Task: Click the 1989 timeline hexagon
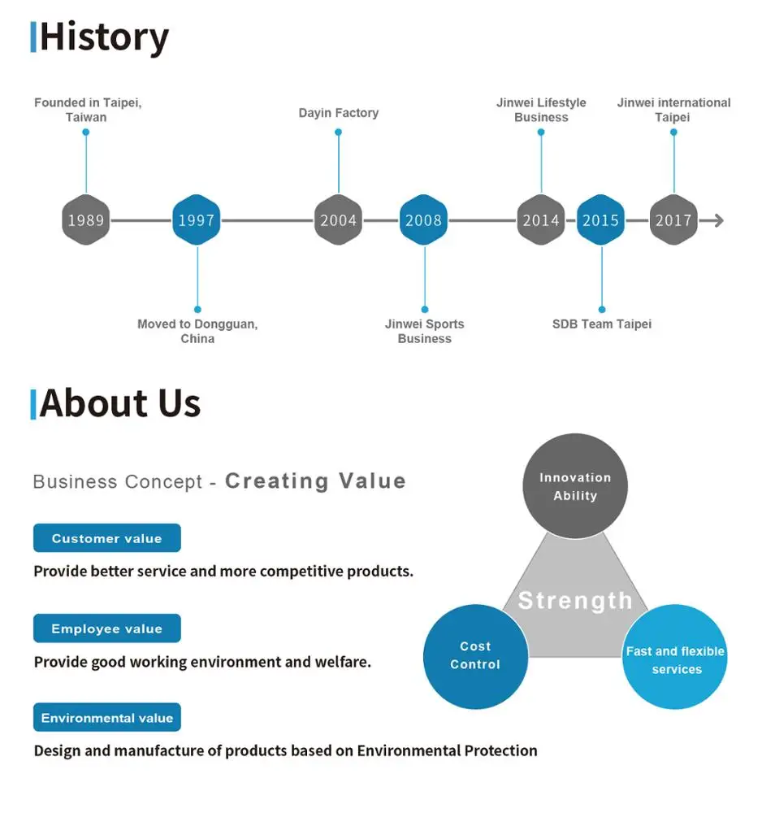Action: click(x=85, y=220)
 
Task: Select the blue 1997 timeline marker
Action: click(x=197, y=220)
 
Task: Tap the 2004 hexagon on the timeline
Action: click(x=338, y=220)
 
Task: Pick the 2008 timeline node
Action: click(x=423, y=220)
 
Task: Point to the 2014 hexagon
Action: click(x=541, y=220)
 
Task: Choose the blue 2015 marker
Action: click(x=601, y=220)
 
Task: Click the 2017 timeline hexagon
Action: click(x=673, y=220)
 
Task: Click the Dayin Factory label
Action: click(x=338, y=113)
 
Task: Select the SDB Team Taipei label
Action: click(x=602, y=324)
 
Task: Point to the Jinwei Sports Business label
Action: click(x=424, y=331)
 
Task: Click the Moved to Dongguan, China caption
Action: click(x=197, y=331)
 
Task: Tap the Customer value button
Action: click(x=106, y=538)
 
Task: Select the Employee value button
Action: click(x=106, y=628)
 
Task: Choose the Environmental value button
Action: click(x=106, y=718)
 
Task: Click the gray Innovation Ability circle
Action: click(x=574, y=486)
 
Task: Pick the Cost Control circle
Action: click(x=475, y=656)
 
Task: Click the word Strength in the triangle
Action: click(x=575, y=601)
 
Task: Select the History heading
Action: click(x=104, y=37)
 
